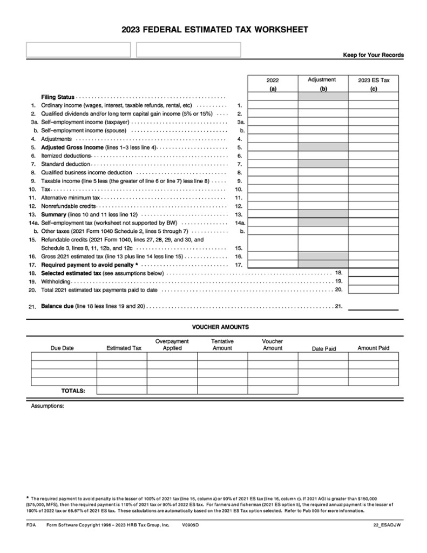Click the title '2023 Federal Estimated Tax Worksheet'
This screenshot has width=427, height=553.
tap(215, 30)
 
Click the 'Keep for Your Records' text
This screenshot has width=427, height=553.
tap(373, 55)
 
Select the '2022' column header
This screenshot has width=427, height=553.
tap(273, 80)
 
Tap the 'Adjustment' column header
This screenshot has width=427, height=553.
tap(322, 79)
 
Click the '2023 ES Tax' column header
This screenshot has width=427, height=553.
tap(374, 80)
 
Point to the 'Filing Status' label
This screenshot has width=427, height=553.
tap(58, 97)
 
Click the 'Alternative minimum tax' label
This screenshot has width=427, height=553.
tap(71, 198)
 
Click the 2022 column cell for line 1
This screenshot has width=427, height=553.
tap(273, 105)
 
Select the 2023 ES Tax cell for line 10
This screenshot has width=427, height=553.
tap(374, 190)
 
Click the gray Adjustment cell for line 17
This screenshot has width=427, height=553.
tap(323, 265)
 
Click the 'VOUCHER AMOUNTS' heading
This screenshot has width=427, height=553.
tap(220, 327)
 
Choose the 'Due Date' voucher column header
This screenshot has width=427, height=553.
tap(62, 348)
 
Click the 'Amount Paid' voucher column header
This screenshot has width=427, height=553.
tap(373, 348)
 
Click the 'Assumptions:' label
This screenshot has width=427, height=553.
tap(48, 406)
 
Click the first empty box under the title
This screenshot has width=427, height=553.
tap(78, 50)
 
